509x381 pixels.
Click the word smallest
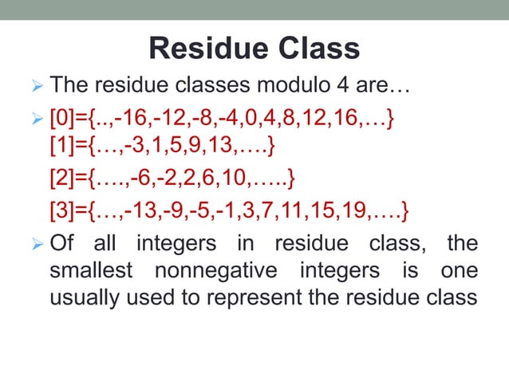pyautogui.click(x=89, y=270)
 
